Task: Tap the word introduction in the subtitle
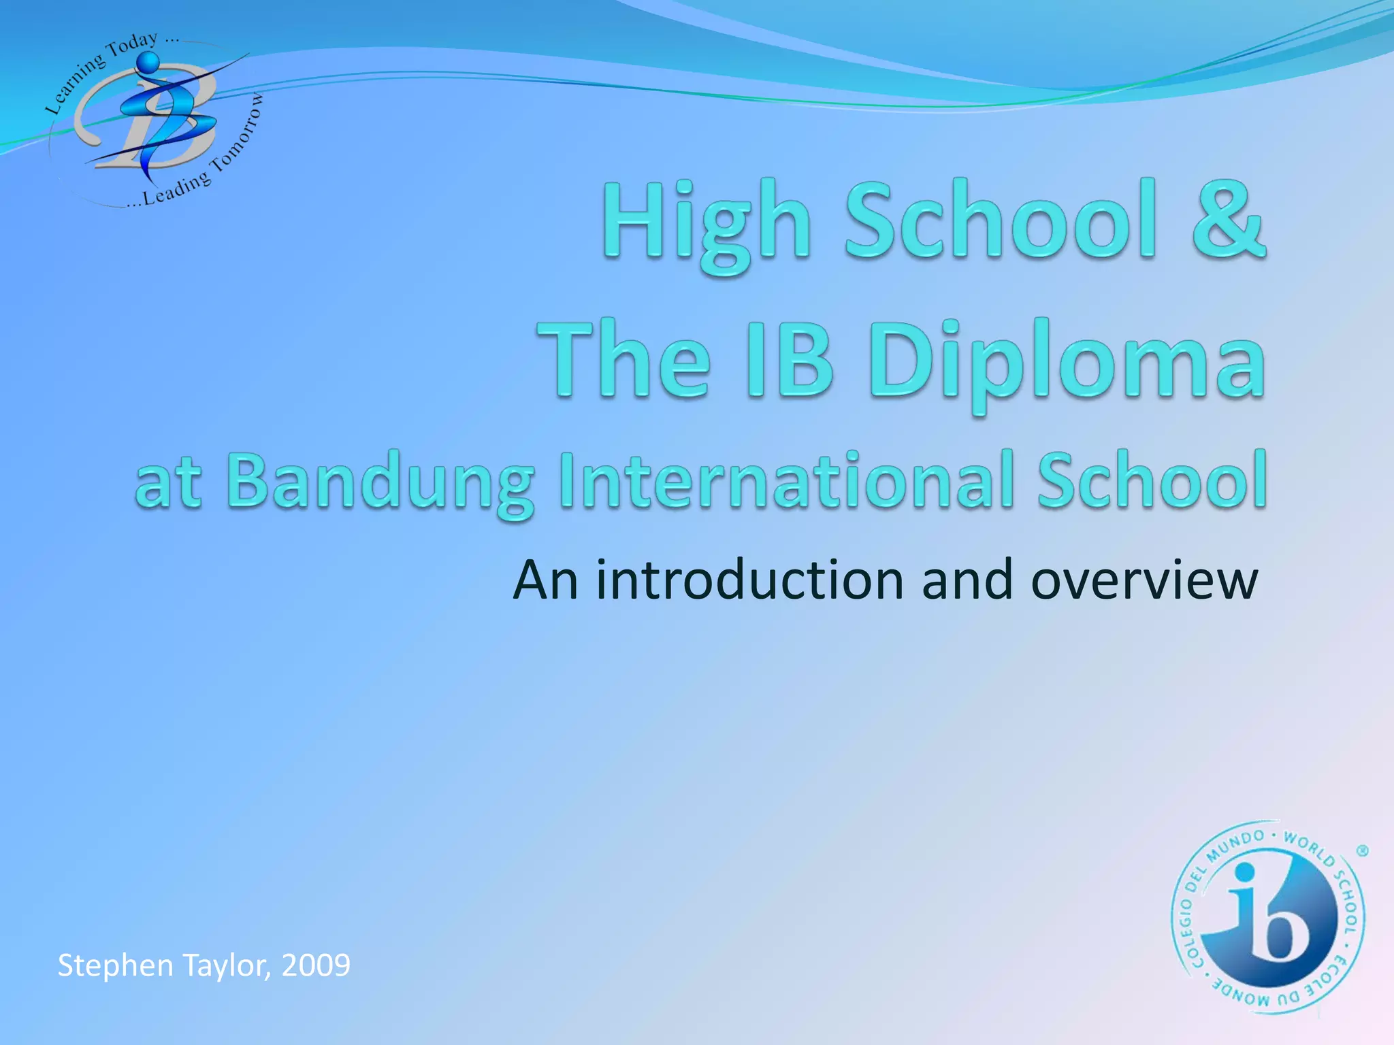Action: coord(749,580)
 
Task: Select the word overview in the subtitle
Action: coord(1144,580)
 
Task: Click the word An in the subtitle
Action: coord(545,580)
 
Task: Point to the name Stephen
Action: coord(115,965)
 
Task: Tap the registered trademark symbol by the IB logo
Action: coord(1362,851)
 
